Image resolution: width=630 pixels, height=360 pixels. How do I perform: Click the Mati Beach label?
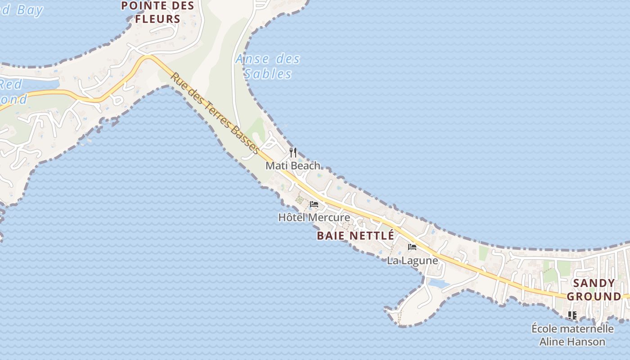click(292, 166)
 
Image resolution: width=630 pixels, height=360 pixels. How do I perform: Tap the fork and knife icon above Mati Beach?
click(293, 152)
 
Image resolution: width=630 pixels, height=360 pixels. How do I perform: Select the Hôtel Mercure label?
click(314, 218)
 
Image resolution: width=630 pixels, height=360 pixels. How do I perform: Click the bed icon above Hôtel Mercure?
click(314, 204)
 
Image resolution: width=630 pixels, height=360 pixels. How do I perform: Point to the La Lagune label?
click(412, 261)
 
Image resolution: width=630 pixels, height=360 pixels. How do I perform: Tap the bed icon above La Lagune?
click(412, 247)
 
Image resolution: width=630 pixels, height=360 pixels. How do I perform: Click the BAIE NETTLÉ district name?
click(355, 235)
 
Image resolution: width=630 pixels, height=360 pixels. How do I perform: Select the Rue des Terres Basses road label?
click(215, 113)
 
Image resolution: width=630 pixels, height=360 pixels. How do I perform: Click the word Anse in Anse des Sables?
click(252, 59)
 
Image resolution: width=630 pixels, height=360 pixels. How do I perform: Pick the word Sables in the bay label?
click(268, 74)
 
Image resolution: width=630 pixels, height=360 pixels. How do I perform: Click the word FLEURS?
click(157, 19)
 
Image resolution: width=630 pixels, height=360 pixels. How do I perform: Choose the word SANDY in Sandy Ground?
click(594, 283)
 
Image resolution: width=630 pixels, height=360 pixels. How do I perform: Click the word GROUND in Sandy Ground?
click(594, 297)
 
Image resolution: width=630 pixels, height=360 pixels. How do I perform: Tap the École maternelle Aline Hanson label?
click(572, 335)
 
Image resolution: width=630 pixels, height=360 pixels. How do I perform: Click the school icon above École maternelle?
click(572, 315)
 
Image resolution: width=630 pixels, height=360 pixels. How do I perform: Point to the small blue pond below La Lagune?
click(438, 283)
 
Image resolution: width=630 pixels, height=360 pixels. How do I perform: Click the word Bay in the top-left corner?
click(30, 10)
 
